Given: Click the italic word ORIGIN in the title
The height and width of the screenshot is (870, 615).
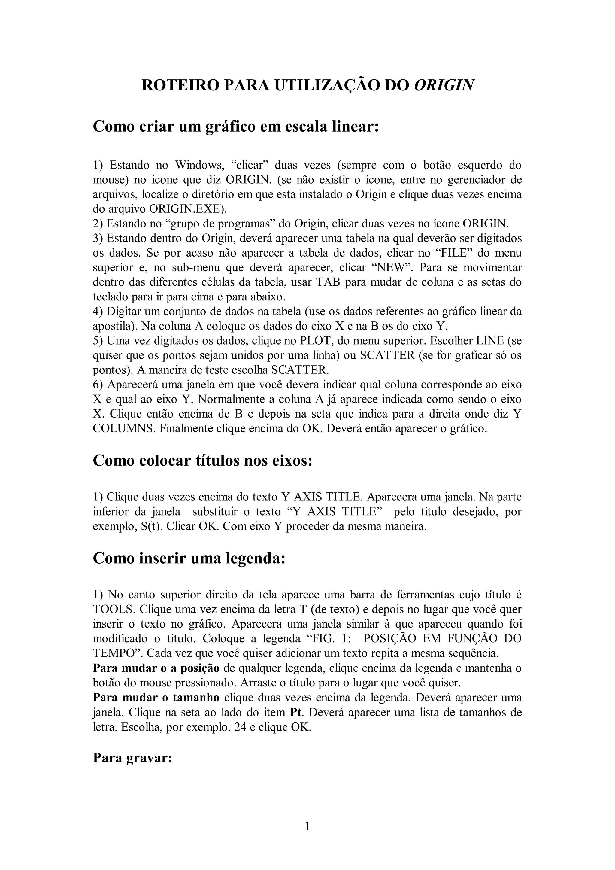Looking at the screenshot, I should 444,85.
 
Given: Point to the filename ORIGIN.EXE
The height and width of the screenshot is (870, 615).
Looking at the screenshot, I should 184,209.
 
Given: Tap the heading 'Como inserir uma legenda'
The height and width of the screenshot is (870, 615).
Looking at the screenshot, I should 189,558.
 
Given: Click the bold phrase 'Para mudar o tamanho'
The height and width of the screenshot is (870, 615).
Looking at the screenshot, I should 156,698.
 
